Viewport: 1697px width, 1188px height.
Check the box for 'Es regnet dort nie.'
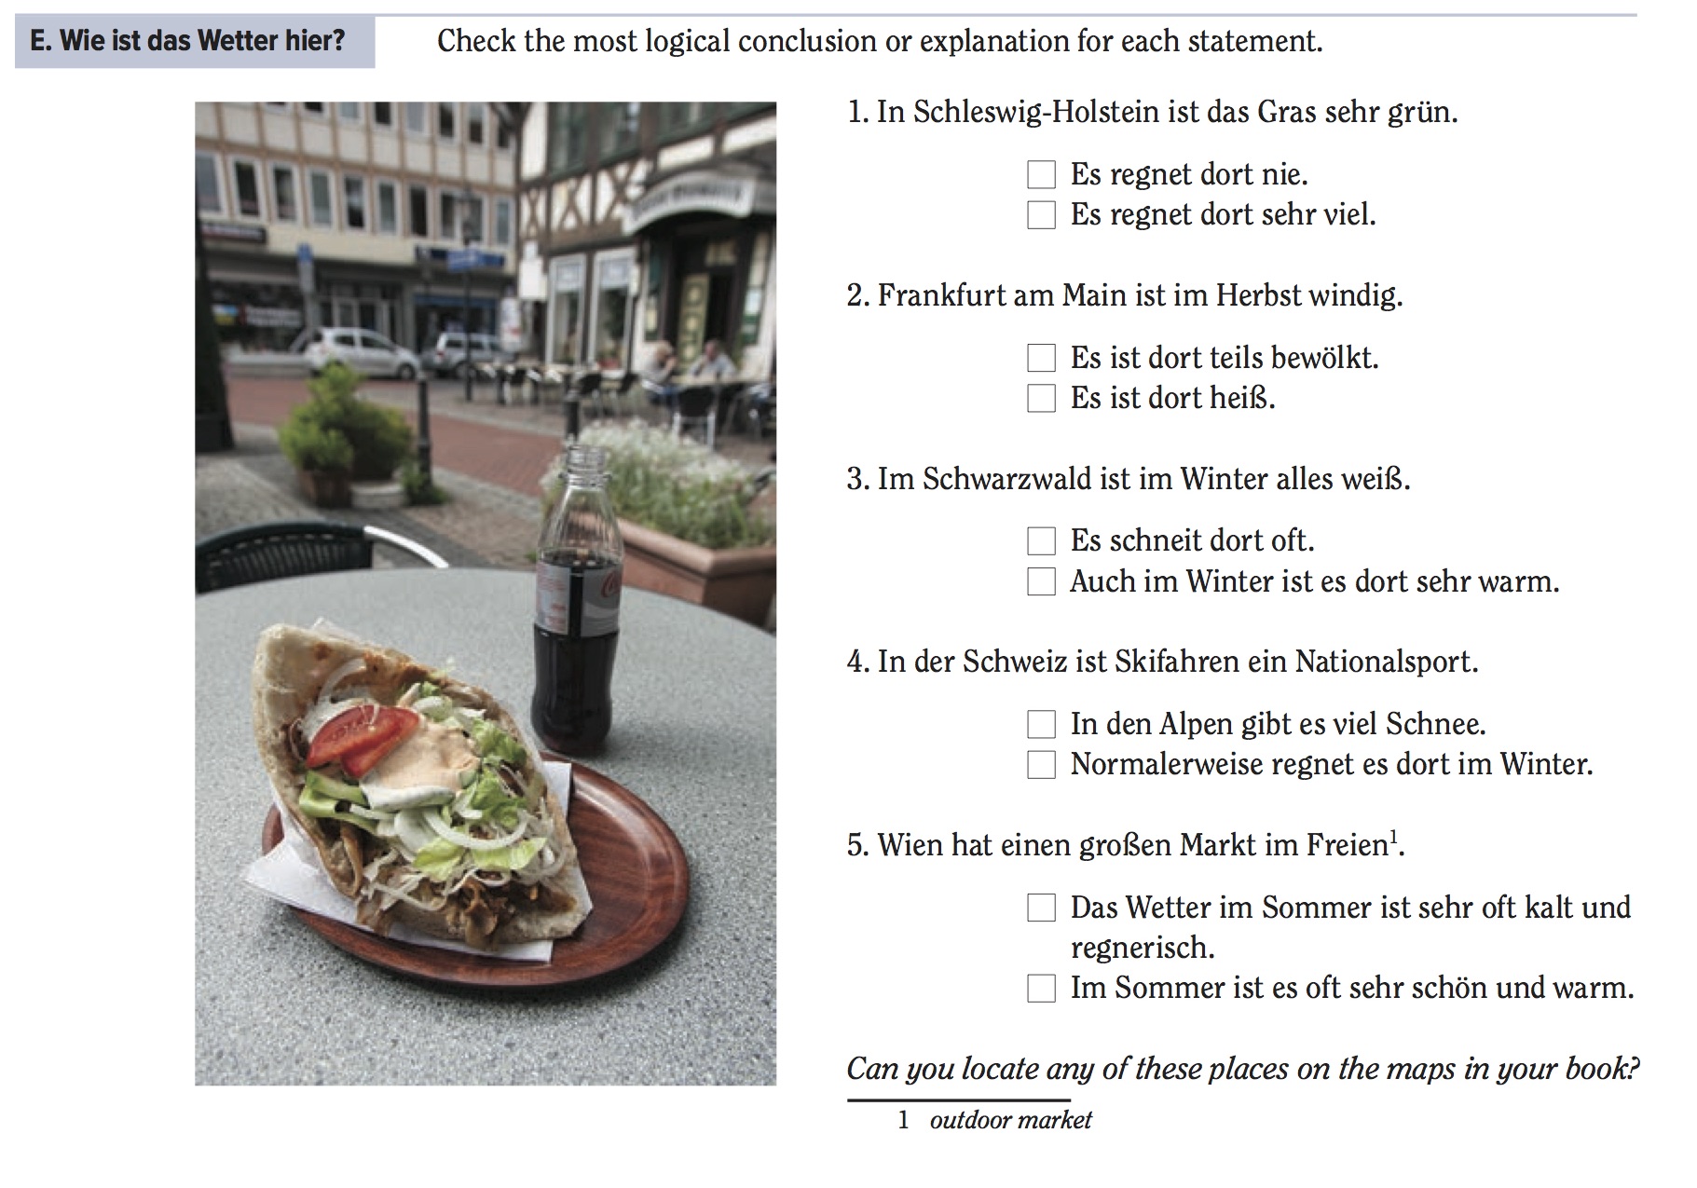[1041, 174]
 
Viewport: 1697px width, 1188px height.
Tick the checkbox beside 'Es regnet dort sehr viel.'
[1041, 215]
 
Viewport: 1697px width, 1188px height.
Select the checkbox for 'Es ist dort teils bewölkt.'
[1041, 358]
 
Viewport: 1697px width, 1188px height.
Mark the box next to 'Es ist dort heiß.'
[1041, 399]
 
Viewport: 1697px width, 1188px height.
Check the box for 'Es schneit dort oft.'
[1041, 540]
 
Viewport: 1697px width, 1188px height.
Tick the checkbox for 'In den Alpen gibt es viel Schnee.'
[1041, 724]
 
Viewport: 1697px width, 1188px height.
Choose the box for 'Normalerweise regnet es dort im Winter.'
[1041, 765]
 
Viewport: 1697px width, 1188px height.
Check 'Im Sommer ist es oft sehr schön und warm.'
[1041, 988]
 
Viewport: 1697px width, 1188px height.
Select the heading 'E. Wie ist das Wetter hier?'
[187, 41]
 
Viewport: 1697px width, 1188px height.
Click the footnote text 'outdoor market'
[1010, 1119]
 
